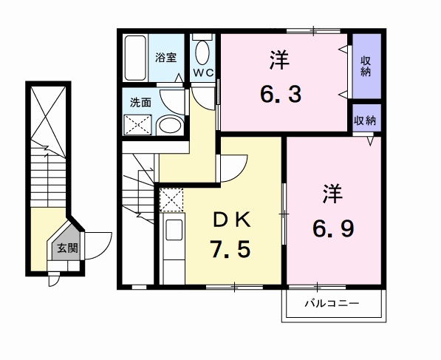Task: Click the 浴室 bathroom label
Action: [166, 58]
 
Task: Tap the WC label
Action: [203, 72]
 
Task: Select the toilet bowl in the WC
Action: [202, 52]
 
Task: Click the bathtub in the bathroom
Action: [135, 58]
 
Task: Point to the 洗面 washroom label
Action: [140, 103]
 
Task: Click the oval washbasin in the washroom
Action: [168, 125]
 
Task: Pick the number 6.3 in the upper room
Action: [281, 95]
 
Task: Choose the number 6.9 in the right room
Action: [333, 228]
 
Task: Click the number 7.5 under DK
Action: [230, 250]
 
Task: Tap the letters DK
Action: [232, 220]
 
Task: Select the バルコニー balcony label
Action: [332, 304]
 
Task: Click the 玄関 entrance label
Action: [67, 248]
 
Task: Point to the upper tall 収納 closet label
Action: [366, 67]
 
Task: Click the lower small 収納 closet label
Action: [365, 120]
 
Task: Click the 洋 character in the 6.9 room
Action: [332, 194]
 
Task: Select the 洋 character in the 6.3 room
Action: [279, 60]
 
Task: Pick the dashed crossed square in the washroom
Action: [138, 124]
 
